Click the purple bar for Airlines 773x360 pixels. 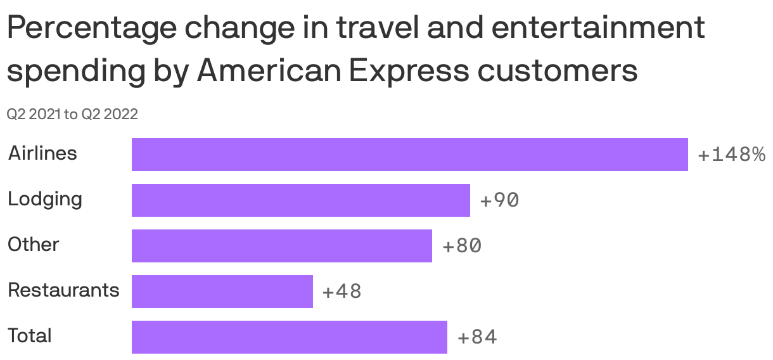coord(409,155)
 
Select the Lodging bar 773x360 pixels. coord(300,200)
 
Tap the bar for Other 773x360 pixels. coord(281,246)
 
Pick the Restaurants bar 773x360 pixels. coord(222,292)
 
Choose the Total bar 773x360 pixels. coord(289,337)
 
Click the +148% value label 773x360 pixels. coord(731,155)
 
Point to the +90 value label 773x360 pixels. coord(499,201)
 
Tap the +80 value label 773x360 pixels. coord(462,247)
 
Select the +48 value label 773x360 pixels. coord(342,292)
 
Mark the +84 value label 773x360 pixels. coord(477,338)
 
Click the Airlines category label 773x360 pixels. coord(42,153)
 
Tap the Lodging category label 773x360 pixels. coord(45,200)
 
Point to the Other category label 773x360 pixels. coord(34,245)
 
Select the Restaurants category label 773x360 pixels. coord(63,290)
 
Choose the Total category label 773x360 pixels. coord(30,336)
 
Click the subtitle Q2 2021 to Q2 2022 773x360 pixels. coord(72,115)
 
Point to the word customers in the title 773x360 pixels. coord(558,71)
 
